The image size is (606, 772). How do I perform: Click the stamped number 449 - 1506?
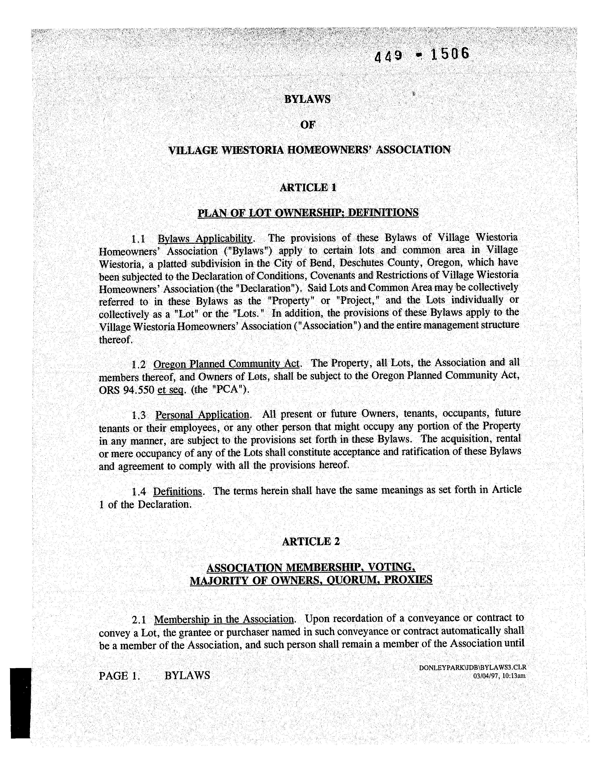[x=422, y=55]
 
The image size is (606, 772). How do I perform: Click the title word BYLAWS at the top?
[x=307, y=99]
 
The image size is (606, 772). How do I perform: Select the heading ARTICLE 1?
[x=308, y=187]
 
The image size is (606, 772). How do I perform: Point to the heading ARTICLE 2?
[x=311, y=541]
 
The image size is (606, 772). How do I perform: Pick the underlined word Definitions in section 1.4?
[x=177, y=492]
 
